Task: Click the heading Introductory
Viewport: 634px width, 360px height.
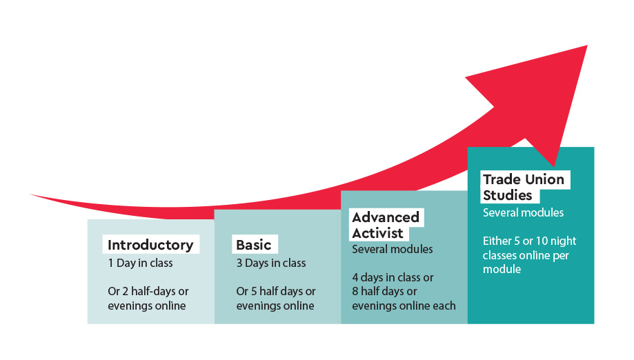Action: [150, 245]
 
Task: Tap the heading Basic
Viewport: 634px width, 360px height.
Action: [253, 245]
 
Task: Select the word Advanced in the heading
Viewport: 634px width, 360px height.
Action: [386, 217]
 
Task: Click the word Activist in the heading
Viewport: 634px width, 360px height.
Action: [377, 233]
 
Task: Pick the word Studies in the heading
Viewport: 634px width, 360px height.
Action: [508, 195]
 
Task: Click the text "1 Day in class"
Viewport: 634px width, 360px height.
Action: [140, 263]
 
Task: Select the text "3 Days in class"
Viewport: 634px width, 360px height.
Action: [271, 263]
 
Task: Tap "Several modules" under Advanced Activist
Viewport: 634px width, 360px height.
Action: [393, 249]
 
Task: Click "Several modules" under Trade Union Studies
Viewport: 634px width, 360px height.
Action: [523, 212]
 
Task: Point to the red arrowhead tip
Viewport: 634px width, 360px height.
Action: [587, 46]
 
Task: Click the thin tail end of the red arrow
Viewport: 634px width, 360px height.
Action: [32, 194]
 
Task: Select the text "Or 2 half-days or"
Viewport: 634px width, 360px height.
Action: [148, 291]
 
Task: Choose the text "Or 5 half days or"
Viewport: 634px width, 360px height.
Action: [276, 291]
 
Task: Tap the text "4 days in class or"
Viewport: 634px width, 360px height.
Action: [393, 277]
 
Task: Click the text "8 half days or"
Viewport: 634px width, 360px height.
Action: [384, 291]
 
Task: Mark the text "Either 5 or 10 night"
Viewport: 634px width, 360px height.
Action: [529, 241]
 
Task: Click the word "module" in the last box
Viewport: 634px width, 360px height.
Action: [502, 269]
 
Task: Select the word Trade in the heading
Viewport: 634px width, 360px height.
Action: [502, 179]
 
